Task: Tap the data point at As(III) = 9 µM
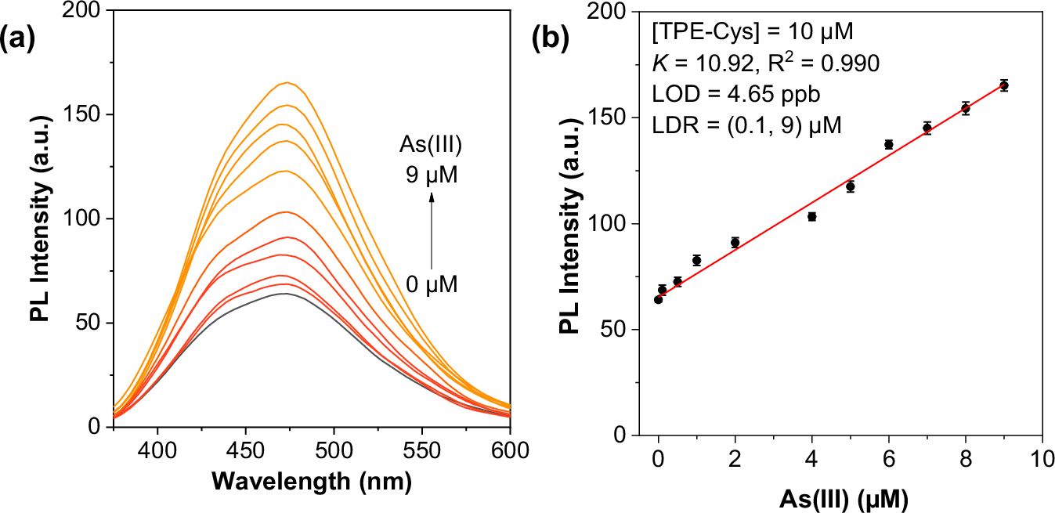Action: coord(1003,85)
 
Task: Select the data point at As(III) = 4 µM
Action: coord(812,216)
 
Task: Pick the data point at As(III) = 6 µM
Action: coord(889,144)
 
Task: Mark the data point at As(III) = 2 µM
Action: coord(735,242)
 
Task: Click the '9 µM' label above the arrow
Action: coord(431,176)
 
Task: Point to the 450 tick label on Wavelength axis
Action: coord(246,453)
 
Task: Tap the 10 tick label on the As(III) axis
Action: coord(1042,459)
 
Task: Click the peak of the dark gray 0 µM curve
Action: coord(284,294)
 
